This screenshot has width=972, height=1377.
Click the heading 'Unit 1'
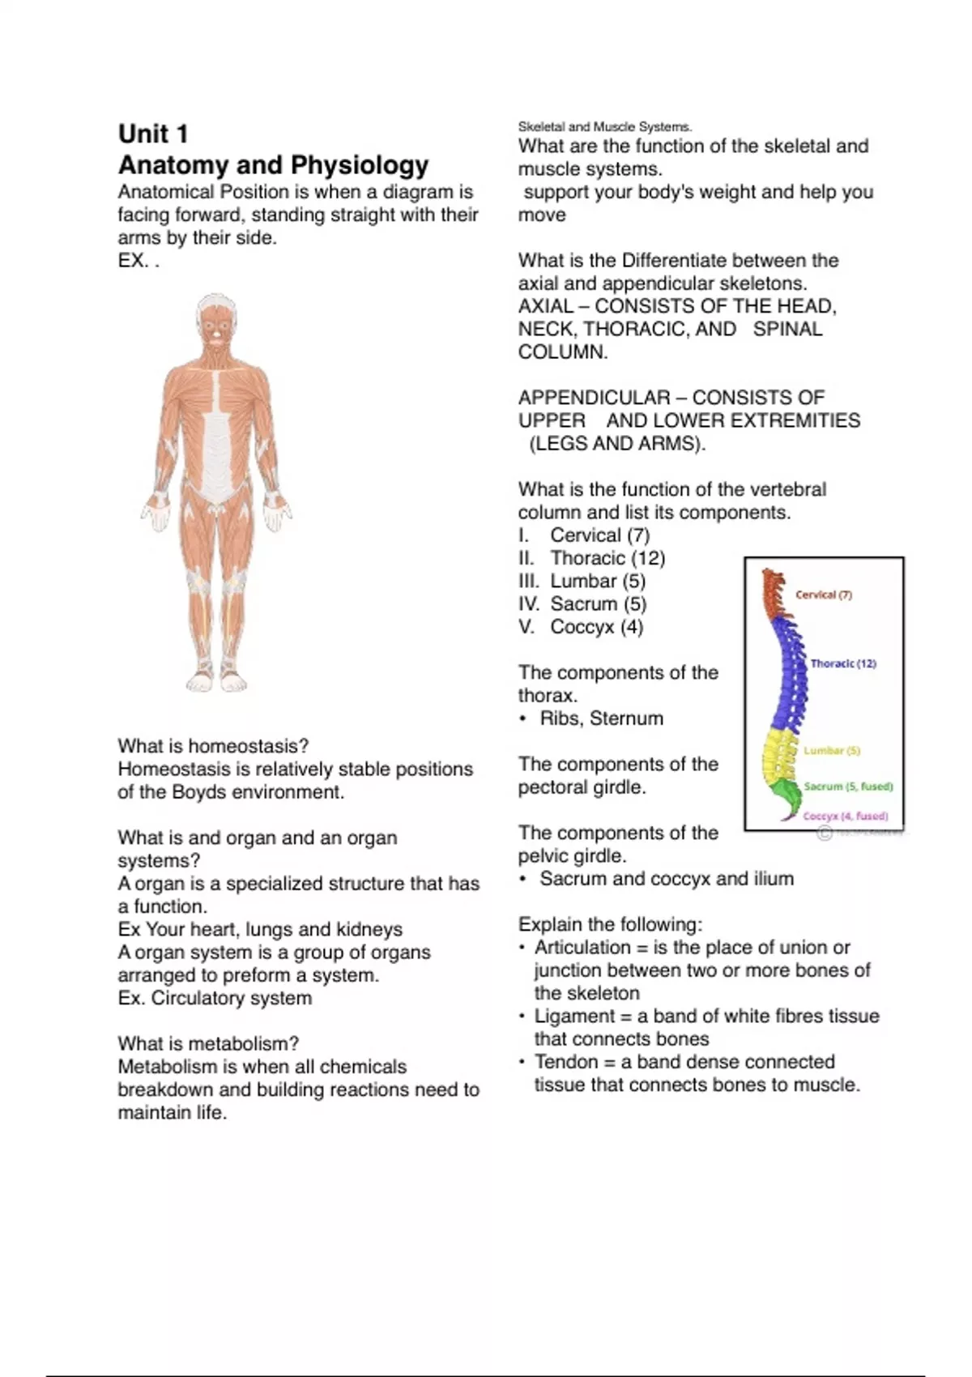(x=153, y=134)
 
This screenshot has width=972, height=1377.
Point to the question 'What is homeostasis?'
(x=213, y=746)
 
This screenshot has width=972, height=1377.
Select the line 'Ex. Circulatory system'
(x=215, y=998)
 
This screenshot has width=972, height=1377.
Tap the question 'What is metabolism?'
(x=208, y=1044)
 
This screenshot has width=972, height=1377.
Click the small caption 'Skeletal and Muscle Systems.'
(x=605, y=127)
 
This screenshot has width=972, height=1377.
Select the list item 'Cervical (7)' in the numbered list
(x=599, y=535)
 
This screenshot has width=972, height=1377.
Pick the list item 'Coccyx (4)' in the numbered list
(x=596, y=627)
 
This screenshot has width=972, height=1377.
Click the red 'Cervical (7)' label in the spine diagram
(x=823, y=595)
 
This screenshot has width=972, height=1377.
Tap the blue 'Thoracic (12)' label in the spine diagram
(x=843, y=663)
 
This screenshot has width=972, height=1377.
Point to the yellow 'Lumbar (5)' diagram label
(x=832, y=751)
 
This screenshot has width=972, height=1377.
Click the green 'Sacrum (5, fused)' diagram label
(x=848, y=787)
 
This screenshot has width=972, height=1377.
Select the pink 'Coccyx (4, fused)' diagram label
(x=845, y=816)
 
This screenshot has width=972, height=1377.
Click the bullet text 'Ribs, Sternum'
(x=601, y=718)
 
